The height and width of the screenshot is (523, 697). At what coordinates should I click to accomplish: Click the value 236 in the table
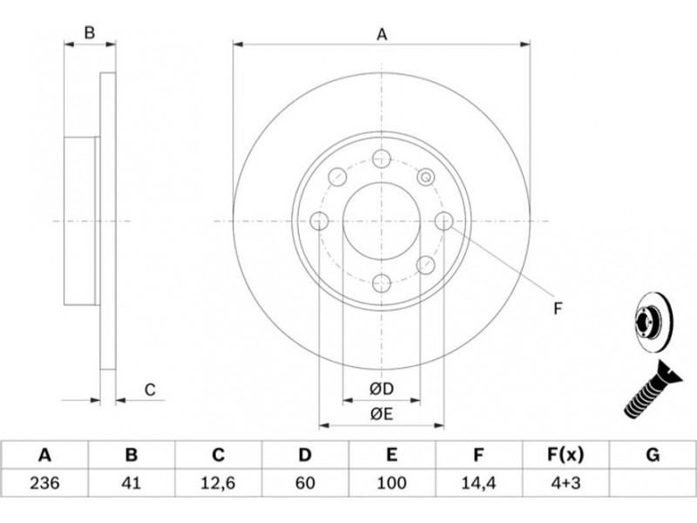point(44,483)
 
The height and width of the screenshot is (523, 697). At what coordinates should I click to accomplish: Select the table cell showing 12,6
point(219,483)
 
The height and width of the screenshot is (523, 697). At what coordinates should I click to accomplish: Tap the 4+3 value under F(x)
point(565,483)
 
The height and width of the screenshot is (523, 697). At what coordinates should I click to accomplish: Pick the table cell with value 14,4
point(478,483)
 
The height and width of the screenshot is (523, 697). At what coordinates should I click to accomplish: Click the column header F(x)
point(565,455)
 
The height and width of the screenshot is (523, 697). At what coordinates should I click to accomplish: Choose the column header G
point(653,455)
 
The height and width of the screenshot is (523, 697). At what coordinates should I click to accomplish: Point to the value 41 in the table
point(132,483)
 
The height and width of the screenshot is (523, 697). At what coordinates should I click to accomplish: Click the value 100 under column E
point(391,483)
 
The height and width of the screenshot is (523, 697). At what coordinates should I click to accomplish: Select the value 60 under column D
point(305,483)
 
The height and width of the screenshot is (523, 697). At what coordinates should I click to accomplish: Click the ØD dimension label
point(382,389)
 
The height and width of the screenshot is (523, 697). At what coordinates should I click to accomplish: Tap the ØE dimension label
point(382,415)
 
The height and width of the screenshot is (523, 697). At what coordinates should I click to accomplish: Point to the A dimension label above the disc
point(382,34)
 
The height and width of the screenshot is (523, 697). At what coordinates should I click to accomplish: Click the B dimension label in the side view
point(90,32)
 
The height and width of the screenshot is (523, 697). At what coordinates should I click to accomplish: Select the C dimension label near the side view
point(150,390)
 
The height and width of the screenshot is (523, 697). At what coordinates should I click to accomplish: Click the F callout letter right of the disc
point(558,309)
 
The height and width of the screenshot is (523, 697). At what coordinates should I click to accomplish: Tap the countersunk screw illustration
point(652,390)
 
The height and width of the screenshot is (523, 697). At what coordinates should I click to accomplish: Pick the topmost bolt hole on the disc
point(382,159)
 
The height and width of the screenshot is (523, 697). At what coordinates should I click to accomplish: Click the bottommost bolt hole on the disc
point(382,283)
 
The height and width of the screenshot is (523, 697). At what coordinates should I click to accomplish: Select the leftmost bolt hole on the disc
point(319,221)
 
